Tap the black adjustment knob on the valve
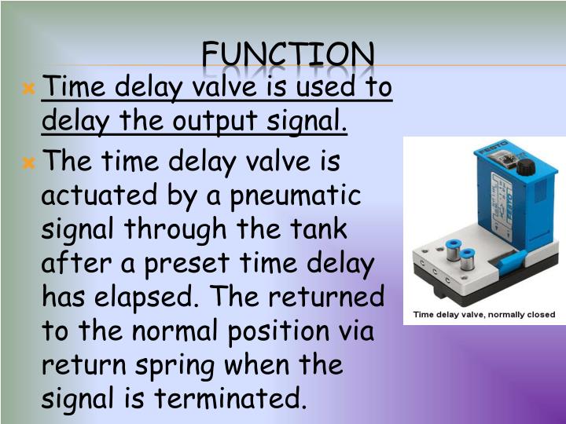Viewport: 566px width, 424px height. coord(525,166)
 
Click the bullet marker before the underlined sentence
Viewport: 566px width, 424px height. coord(30,89)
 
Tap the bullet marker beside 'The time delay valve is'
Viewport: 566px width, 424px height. coord(30,164)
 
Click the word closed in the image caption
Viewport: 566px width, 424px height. coord(539,315)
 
